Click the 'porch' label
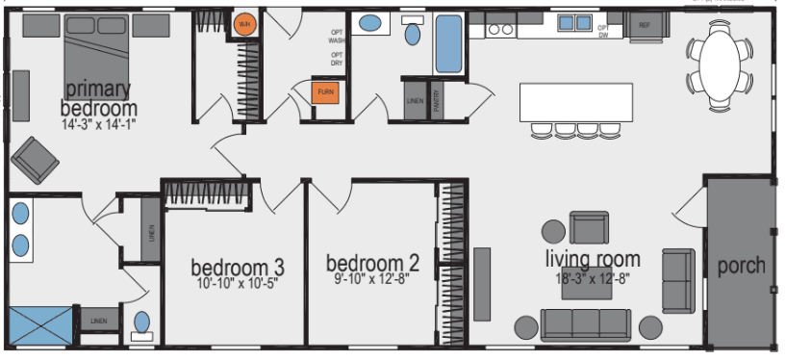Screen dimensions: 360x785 pyautogui.click(x=742, y=266)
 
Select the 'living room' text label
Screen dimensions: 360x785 pyautogui.click(x=593, y=259)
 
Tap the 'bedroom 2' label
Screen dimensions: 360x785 pyautogui.click(x=372, y=263)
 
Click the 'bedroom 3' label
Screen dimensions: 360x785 pyautogui.click(x=237, y=267)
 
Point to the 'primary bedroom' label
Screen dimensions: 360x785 pyautogui.click(x=99, y=97)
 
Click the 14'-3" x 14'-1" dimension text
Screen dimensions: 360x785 pyautogui.click(x=99, y=124)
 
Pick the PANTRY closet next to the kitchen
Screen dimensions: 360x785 pyautogui.click(x=437, y=100)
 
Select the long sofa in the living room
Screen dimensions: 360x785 pyautogui.click(x=585, y=324)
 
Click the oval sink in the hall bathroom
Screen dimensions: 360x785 pyautogui.click(x=412, y=35)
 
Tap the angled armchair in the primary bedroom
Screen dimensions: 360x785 pyautogui.click(x=35, y=159)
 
